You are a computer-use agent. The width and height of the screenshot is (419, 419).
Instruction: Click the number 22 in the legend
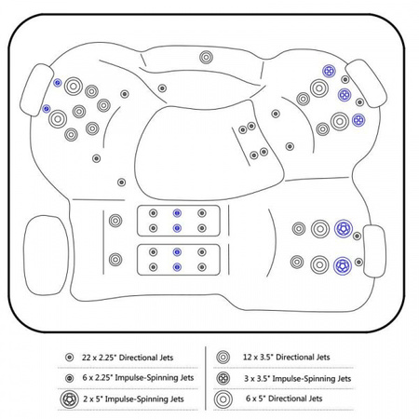[87, 358]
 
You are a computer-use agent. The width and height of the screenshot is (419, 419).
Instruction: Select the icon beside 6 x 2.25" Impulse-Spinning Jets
[70, 378]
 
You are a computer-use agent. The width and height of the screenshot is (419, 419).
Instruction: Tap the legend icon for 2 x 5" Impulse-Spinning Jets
[69, 399]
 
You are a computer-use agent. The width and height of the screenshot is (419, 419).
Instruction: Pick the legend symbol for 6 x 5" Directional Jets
[223, 399]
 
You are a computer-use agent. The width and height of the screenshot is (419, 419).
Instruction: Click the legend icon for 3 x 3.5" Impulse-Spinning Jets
[223, 378]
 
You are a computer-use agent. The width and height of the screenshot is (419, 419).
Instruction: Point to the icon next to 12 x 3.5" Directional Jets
[223, 358]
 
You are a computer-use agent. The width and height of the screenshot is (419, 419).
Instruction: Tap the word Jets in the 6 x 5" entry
[315, 399]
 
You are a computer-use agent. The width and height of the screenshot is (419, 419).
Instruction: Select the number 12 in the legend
[247, 358]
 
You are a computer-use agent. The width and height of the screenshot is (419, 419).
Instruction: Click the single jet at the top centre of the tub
[206, 58]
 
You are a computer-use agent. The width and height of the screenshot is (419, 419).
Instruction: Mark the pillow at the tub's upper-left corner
[36, 90]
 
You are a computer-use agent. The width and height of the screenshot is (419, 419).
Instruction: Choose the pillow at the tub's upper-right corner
[366, 83]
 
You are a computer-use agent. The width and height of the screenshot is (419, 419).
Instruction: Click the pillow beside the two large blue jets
[374, 251]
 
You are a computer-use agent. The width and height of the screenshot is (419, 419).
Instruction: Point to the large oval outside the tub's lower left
[46, 255]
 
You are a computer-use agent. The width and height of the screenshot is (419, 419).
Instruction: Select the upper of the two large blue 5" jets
[344, 228]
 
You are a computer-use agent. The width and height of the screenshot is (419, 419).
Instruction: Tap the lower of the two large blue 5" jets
[343, 266]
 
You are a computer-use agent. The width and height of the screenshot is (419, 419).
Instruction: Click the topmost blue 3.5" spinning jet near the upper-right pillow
[329, 72]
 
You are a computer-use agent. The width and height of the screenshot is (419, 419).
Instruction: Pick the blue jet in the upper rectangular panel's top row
[177, 213]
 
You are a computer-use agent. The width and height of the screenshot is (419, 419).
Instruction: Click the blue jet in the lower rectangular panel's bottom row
[177, 267]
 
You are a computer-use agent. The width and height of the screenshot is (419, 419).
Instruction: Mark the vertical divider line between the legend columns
[206, 378]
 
